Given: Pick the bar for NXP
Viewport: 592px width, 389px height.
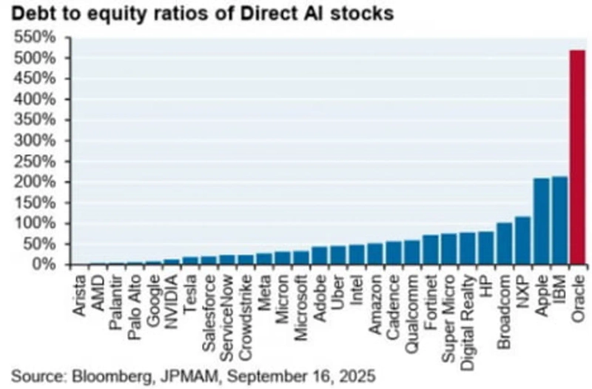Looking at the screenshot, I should pyautogui.click(x=522, y=240).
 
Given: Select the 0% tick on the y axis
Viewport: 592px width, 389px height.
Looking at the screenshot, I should pyautogui.click(x=43, y=265).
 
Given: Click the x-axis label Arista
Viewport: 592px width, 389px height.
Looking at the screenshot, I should pyautogui.click(x=79, y=296).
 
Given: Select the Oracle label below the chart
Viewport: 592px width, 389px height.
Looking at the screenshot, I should pyautogui.click(x=578, y=296).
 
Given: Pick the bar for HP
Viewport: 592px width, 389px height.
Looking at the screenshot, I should pyautogui.click(x=485, y=247).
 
